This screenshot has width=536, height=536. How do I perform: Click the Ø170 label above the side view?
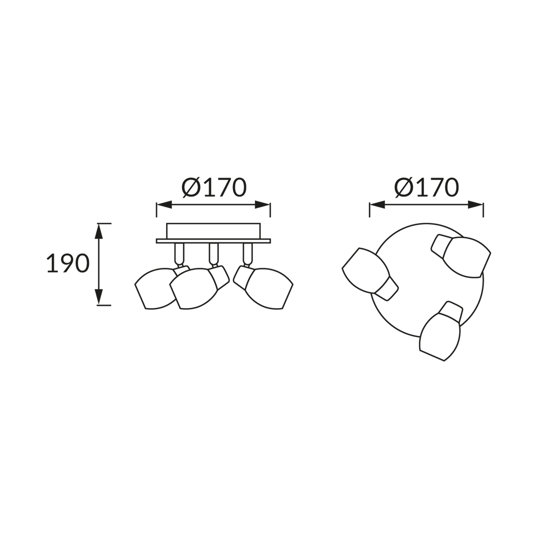(214, 187)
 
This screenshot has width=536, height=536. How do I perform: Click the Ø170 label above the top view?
(426, 187)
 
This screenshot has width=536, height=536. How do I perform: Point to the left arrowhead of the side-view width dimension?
(164, 205)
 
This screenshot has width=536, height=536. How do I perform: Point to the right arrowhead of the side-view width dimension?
(262, 205)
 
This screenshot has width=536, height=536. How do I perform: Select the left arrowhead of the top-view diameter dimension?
(377, 205)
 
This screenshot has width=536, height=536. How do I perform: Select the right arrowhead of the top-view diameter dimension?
(475, 205)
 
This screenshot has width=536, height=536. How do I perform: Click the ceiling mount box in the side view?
(213, 231)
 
